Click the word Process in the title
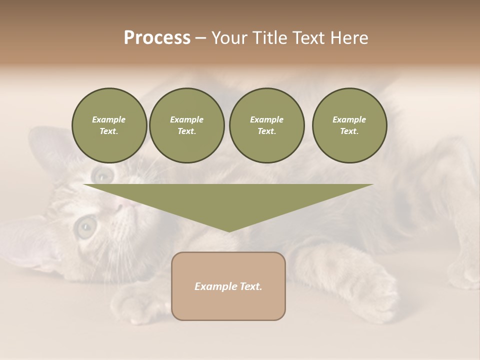(157, 38)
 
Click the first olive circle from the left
(109, 125)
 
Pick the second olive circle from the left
(187, 125)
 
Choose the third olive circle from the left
(267, 125)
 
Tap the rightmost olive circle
(349, 125)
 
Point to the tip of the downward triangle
(229, 231)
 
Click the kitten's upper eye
(103, 174)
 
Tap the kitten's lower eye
(85, 227)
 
